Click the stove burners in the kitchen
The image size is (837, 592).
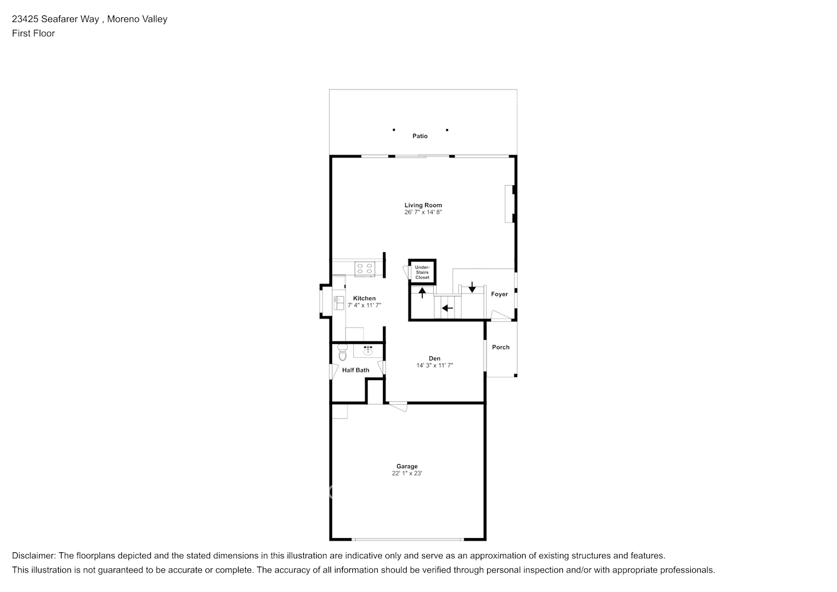(364, 269)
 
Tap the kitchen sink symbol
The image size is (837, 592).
(338, 303)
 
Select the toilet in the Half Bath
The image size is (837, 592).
(342, 355)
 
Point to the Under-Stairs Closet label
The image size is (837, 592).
(422, 272)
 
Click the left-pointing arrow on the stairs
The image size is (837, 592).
(448, 308)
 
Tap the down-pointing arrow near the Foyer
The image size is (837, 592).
(472, 288)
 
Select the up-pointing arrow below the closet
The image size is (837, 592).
(422, 292)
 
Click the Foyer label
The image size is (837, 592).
(499, 294)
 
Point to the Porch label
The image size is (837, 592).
(501, 348)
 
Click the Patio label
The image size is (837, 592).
(420, 136)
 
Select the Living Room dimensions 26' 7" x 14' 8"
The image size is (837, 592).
(423, 212)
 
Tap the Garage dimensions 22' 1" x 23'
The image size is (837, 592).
(407, 474)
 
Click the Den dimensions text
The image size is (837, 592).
(434, 366)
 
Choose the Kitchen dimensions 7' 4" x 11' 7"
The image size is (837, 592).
(364, 305)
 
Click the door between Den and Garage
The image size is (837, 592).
(398, 406)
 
